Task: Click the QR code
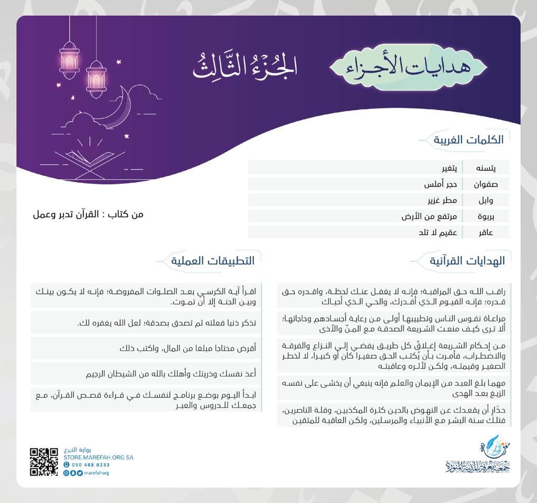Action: pyautogui.click(x=44, y=462)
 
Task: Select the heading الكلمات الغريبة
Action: pyautogui.click(x=468, y=140)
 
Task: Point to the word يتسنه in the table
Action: pyautogui.click(x=485, y=168)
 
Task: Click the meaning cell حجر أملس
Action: pyautogui.click(x=440, y=184)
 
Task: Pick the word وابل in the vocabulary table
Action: pyautogui.click(x=486, y=200)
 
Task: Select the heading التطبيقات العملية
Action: pyautogui.click(x=216, y=260)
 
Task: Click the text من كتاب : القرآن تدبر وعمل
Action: pyautogui.click(x=88, y=214)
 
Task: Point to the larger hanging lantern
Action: pyautogui.click(x=69, y=60)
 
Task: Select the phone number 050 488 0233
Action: pyautogui.click(x=90, y=465)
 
